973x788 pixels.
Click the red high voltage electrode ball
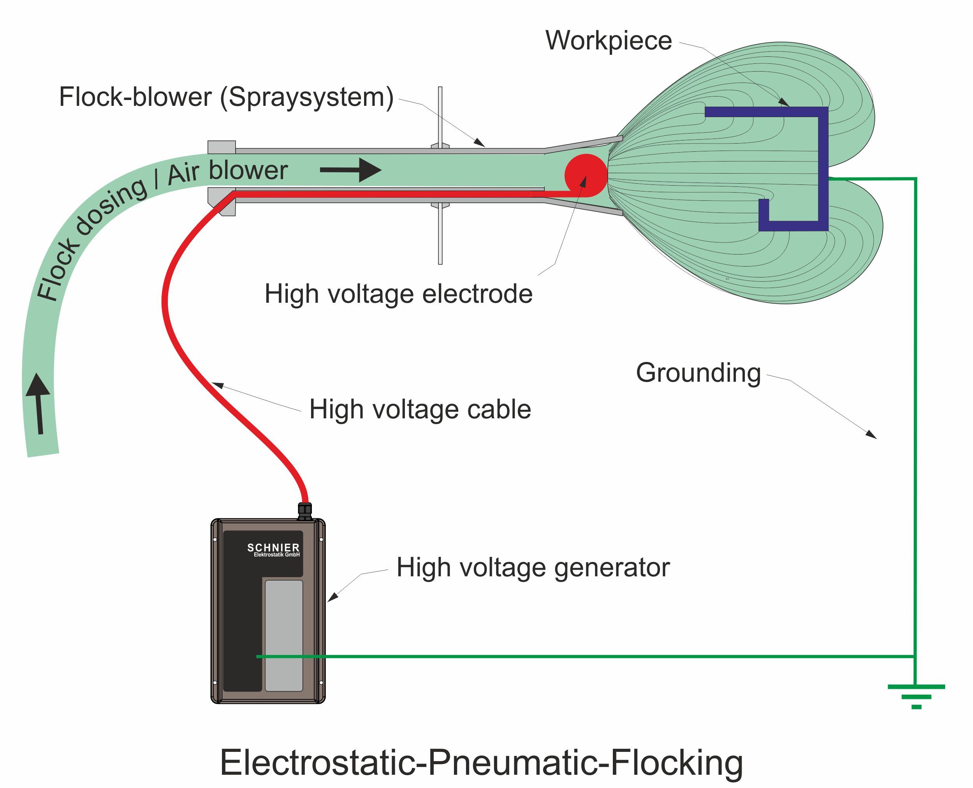tap(585, 175)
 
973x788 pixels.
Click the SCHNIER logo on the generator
tap(273, 548)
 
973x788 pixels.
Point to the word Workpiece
tap(608, 41)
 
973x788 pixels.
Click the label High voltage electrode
tap(398, 294)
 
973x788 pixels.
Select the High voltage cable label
tap(420, 409)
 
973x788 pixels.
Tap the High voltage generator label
tap(533, 567)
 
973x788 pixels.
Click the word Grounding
tap(698, 373)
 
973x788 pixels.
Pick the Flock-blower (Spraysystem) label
tap(226, 97)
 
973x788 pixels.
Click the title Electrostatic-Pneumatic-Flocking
tap(482, 763)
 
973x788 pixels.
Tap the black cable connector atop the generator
tap(305, 511)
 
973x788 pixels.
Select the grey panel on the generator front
tap(284, 635)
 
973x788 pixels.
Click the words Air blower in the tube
tap(227, 172)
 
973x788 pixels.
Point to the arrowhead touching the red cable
tap(218, 385)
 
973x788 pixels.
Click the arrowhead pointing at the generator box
tap(333, 597)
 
